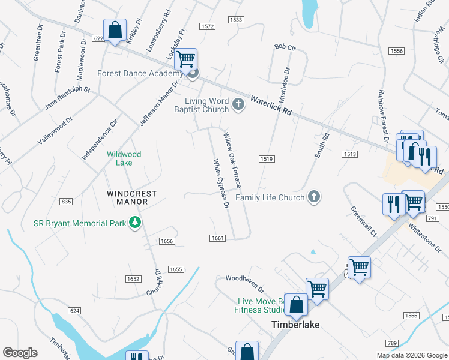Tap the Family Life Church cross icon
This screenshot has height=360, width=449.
pos(313,197)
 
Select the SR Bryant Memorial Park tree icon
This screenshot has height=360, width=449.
pos(136,223)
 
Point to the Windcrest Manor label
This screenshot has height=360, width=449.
pos(132,198)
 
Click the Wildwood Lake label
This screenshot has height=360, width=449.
pos(124,158)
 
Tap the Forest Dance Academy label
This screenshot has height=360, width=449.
pos(139,74)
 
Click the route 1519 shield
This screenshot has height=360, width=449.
pos(267,159)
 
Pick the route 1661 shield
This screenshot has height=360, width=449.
pos(218,238)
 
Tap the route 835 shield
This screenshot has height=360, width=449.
pos(67,200)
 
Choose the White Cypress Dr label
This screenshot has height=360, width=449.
pos(221,184)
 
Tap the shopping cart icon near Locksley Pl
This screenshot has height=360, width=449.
pos(186,59)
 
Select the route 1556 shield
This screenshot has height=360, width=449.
pos(396,52)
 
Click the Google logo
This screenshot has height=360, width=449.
pos(20,353)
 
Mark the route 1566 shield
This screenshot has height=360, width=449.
pos(411,316)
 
